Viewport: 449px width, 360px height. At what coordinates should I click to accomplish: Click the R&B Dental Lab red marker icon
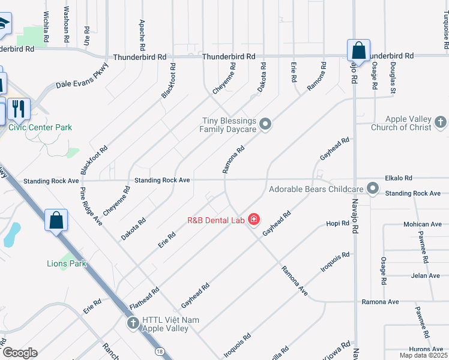coord(254,220)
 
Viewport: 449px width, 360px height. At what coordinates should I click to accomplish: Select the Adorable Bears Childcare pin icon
coord(373,189)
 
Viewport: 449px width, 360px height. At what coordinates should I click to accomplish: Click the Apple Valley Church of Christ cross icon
coord(441,123)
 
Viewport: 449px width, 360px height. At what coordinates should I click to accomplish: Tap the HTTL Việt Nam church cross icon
coord(133,324)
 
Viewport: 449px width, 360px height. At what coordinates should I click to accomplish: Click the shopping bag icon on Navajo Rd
coord(358,50)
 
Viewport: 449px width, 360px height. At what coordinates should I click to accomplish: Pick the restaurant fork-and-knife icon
coord(19,109)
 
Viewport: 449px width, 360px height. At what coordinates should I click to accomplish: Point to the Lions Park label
coord(67,263)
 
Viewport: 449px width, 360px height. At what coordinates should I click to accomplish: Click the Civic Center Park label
coord(40,127)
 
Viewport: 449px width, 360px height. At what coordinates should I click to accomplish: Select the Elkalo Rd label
coord(399,178)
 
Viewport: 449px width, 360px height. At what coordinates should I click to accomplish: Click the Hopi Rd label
coord(337,224)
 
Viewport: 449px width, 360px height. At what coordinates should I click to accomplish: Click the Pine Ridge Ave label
coord(91,206)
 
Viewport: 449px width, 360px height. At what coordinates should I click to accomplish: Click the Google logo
coord(20,353)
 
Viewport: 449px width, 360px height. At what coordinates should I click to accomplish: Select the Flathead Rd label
coord(144,299)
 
